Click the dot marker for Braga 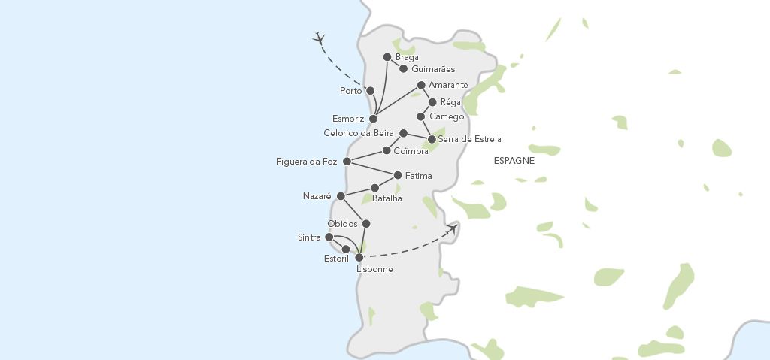click(x=387, y=57)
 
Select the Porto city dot click(x=370, y=91)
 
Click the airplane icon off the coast click(x=320, y=38)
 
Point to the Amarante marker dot click(x=421, y=85)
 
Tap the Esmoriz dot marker click(x=372, y=119)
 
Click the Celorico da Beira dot click(x=403, y=133)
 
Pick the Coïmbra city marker click(x=387, y=150)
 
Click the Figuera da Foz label click(x=306, y=162)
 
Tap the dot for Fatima click(x=398, y=175)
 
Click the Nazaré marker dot click(x=340, y=195)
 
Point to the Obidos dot click(x=366, y=223)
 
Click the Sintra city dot click(x=329, y=237)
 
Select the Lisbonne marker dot click(x=359, y=257)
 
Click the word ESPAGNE click(x=514, y=161)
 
